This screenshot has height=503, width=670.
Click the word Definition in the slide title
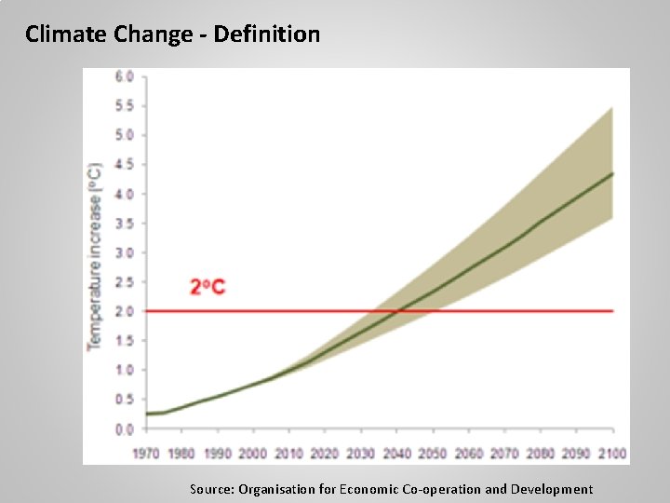pos(266,35)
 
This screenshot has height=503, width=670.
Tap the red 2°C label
pos(208,287)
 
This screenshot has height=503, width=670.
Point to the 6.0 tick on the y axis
pos(124,75)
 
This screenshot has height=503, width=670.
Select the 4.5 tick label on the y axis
pos(124,164)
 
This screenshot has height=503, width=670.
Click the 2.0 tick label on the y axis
pos(124,311)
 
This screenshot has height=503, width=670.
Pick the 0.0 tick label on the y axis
pos(124,429)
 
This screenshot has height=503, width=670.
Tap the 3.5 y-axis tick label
pos(124,224)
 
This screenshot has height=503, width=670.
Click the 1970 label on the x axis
pos(146,453)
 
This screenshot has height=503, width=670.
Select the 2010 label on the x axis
pos(288,453)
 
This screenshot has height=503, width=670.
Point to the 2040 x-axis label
pos(396,453)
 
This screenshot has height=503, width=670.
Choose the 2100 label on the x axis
pos(611,453)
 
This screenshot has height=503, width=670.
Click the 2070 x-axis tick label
pos(503,453)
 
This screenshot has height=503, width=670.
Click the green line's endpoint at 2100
pos(612,173)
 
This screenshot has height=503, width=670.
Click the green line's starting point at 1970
pos(147,414)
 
